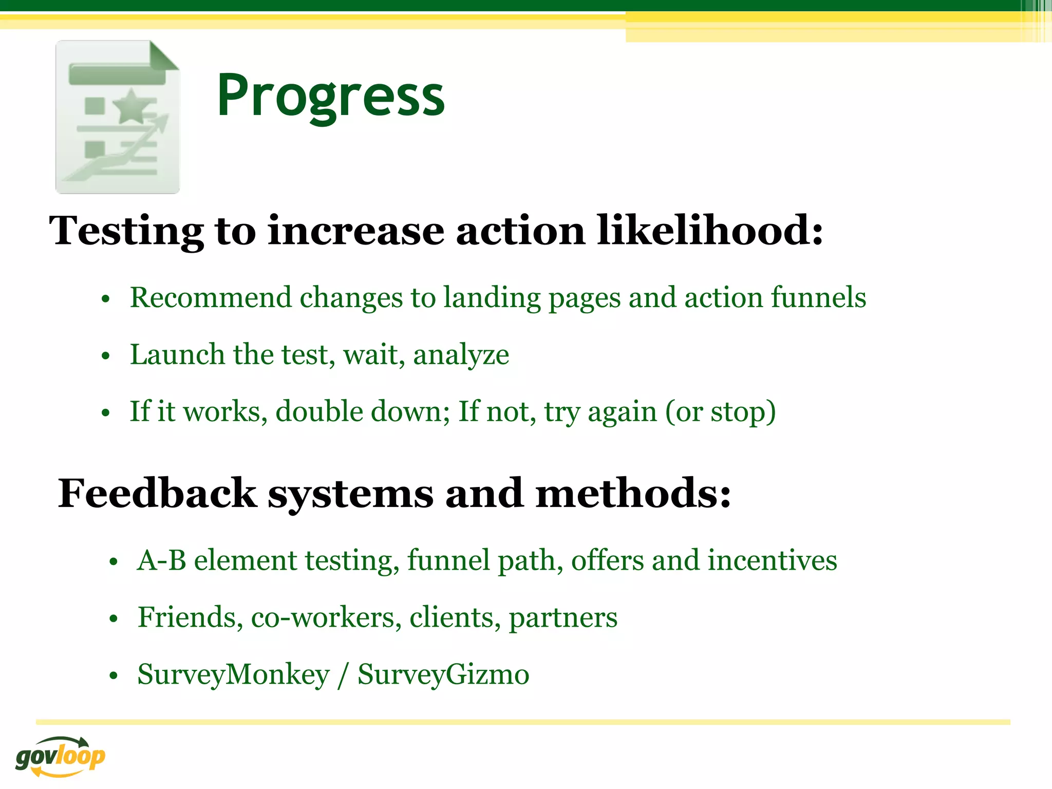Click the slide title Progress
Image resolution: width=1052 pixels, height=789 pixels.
(x=330, y=96)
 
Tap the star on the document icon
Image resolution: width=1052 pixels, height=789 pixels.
(x=132, y=106)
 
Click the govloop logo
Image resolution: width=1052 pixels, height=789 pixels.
(x=60, y=757)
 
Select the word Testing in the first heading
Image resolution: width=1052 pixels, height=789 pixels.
(x=126, y=231)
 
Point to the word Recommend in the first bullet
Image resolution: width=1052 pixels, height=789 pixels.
(x=211, y=297)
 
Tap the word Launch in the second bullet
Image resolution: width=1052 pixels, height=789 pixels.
(x=177, y=354)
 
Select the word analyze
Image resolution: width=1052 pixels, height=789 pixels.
(x=461, y=355)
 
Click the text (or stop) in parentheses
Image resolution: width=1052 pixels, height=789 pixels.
(x=720, y=412)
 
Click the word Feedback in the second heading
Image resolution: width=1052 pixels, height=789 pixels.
(x=157, y=493)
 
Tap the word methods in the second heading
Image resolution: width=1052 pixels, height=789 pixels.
(x=633, y=493)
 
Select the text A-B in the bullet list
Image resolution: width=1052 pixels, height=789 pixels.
(x=161, y=560)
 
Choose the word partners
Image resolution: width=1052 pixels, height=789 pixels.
(x=563, y=618)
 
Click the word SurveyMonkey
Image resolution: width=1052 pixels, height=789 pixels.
(x=233, y=674)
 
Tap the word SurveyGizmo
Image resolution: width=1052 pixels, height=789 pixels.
(x=443, y=674)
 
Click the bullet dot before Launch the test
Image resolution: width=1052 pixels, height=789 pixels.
(x=106, y=356)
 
